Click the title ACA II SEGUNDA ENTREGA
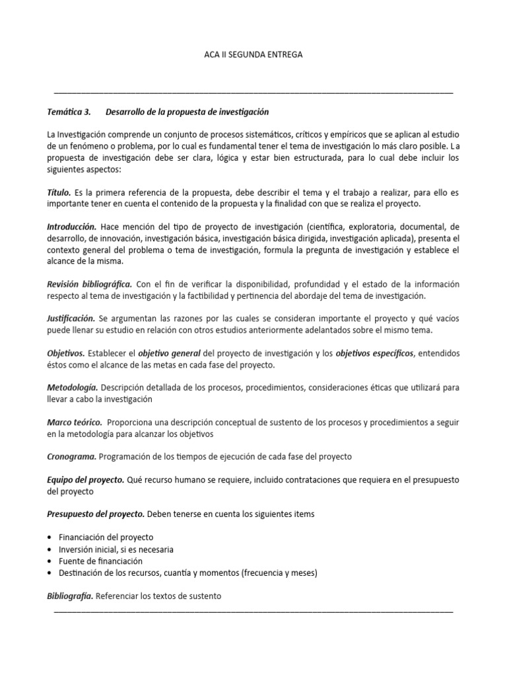[x=253, y=55]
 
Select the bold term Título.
[x=58, y=192]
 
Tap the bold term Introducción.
[x=72, y=226]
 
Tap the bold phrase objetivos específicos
[x=375, y=354]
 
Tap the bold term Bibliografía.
[x=71, y=596]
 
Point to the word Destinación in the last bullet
[x=84, y=573]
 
